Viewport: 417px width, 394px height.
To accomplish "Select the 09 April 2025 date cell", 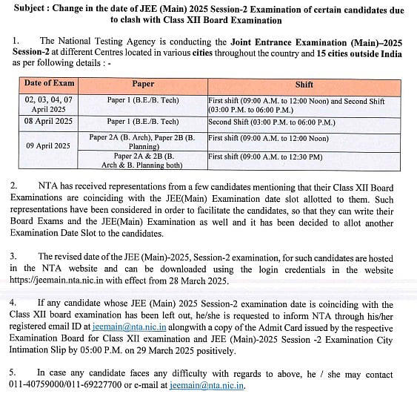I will (48, 146).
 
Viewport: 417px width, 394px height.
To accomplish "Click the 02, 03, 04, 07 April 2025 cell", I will (48, 105).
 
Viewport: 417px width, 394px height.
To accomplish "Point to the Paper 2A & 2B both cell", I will (142, 161).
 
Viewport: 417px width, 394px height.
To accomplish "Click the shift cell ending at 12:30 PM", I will (265, 157).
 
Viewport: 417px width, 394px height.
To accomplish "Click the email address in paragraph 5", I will (207, 386).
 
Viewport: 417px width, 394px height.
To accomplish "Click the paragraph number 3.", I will (13, 256).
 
